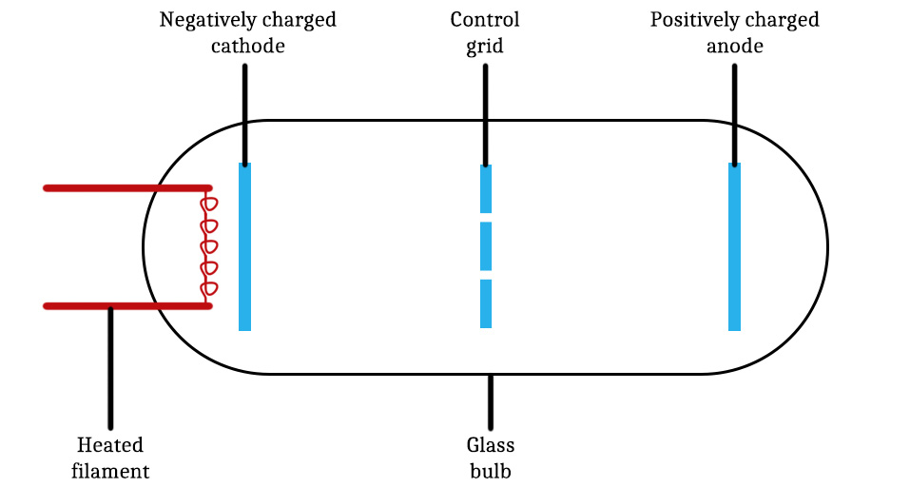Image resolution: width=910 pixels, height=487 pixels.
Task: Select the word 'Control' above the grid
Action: pos(486,21)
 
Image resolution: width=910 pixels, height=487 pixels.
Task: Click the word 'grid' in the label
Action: pos(485,46)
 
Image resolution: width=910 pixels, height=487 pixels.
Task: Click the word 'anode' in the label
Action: pos(734,46)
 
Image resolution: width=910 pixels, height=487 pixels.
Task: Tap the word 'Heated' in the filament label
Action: pos(110,445)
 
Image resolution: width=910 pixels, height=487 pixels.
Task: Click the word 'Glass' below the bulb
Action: pos(490,445)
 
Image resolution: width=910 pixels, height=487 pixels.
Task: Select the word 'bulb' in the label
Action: pos(490,471)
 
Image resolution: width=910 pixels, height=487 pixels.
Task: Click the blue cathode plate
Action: pos(244,247)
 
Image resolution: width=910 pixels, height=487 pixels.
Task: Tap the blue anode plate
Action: pos(734,247)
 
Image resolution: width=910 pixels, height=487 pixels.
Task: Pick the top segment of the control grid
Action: pos(486,188)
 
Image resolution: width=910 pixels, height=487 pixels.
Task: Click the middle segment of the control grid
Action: pos(486,246)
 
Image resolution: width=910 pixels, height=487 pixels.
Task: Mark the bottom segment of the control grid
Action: pos(486,303)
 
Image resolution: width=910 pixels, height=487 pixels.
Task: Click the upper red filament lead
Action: pos(124,188)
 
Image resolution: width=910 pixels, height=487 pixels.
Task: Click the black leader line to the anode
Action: pos(734,114)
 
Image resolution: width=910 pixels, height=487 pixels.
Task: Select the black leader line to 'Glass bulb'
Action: pos(491,401)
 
